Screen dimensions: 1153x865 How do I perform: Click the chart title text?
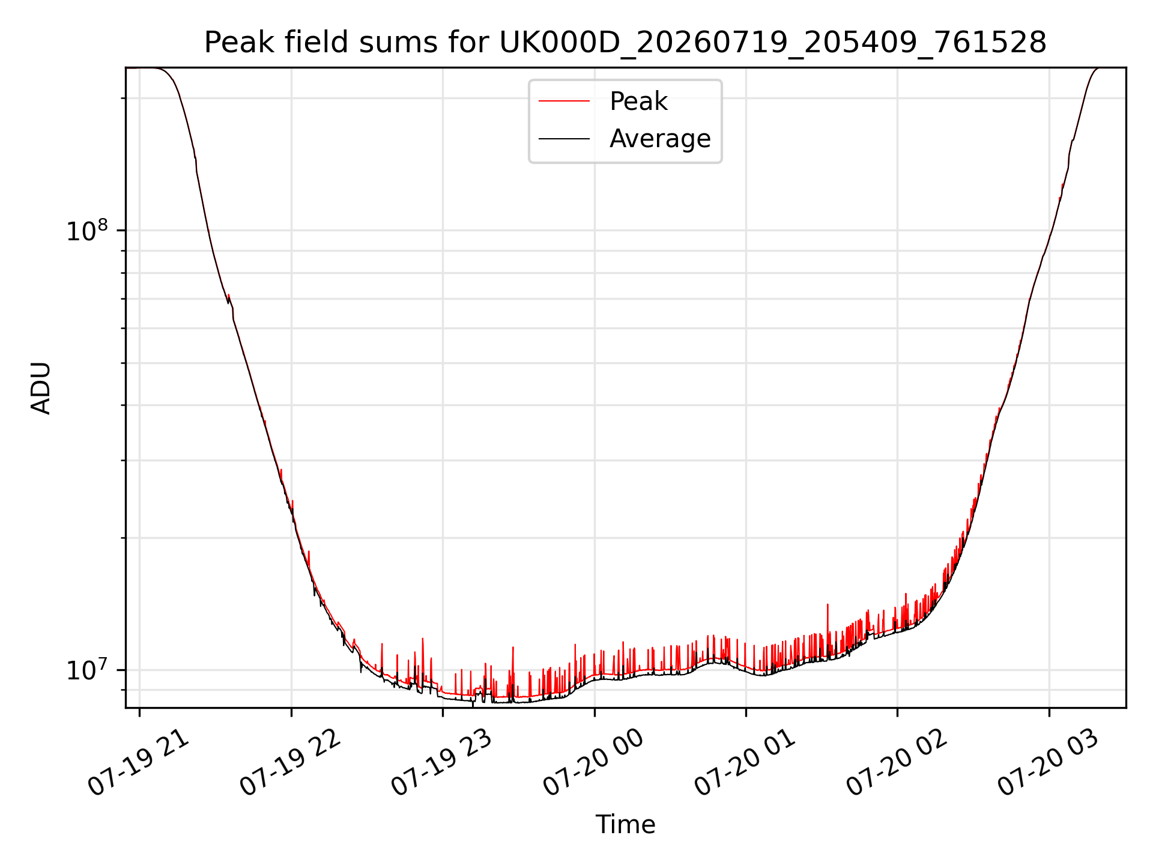tap(625, 43)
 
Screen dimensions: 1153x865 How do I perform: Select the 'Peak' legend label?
tap(638, 102)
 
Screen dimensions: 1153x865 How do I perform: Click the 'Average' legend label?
tap(660, 139)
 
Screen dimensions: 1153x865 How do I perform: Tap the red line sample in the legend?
tap(564, 102)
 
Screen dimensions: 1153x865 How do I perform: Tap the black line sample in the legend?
tap(564, 139)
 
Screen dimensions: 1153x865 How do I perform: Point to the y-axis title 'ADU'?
tap(41, 388)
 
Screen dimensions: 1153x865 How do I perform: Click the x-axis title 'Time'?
tap(625, 824)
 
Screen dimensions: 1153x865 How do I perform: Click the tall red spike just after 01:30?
tap(828, 625)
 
